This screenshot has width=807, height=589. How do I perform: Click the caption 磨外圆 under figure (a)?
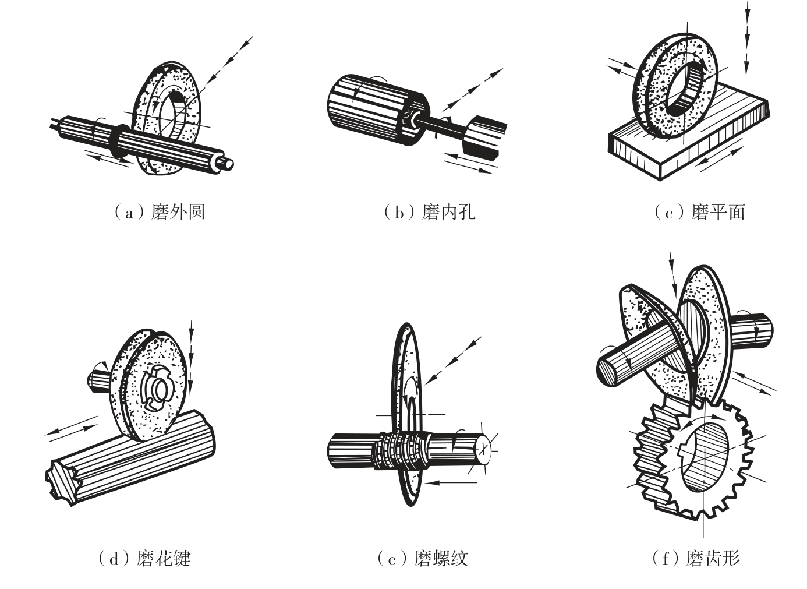pos(178,212)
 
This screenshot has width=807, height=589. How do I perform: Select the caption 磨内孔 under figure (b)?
pos(448,212)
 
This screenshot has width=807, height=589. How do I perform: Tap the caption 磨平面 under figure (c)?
pos(718,212)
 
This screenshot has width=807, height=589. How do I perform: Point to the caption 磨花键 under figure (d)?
pos(164,558)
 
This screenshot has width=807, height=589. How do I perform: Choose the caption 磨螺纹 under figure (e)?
pos(441,558)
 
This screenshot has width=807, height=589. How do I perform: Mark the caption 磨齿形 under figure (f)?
pos(713,558)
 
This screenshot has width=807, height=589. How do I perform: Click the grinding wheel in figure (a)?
pos(167,118)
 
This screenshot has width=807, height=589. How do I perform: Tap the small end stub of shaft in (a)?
pos(227,164)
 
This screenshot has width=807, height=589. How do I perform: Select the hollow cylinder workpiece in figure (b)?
pos(378,110)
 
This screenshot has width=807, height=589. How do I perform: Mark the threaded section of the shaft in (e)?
pos(402,450)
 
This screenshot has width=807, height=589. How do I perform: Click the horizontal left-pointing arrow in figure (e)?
pos(449,482)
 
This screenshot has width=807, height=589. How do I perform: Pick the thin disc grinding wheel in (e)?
pos(407,414)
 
